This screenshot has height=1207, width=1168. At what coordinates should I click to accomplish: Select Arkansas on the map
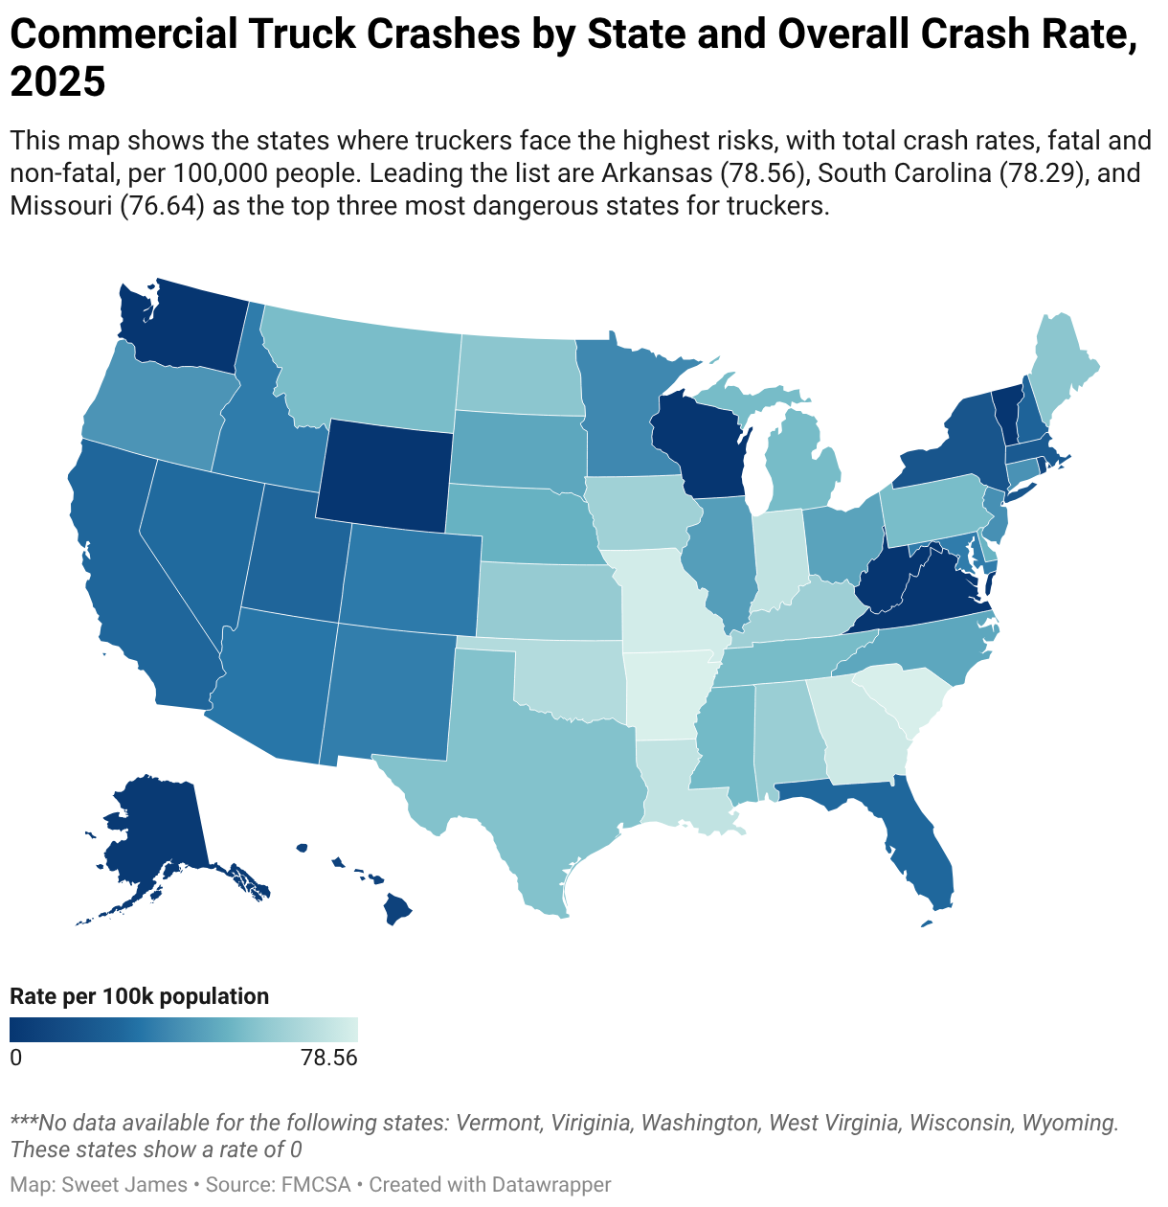tap(666, 692)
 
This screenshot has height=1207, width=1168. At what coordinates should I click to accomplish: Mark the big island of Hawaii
tap(397, 909)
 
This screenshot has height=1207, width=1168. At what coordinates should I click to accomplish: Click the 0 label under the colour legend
tap(16, 1058)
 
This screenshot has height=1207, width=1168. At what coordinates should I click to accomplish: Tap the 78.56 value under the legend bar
tap(329, 1058)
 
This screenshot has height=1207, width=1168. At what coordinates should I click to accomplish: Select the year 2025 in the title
tap(57, 81)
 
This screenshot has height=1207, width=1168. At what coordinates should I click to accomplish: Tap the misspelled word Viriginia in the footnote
tap(592, 1122)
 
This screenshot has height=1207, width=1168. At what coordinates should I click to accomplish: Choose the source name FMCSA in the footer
tap(316, 1184)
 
